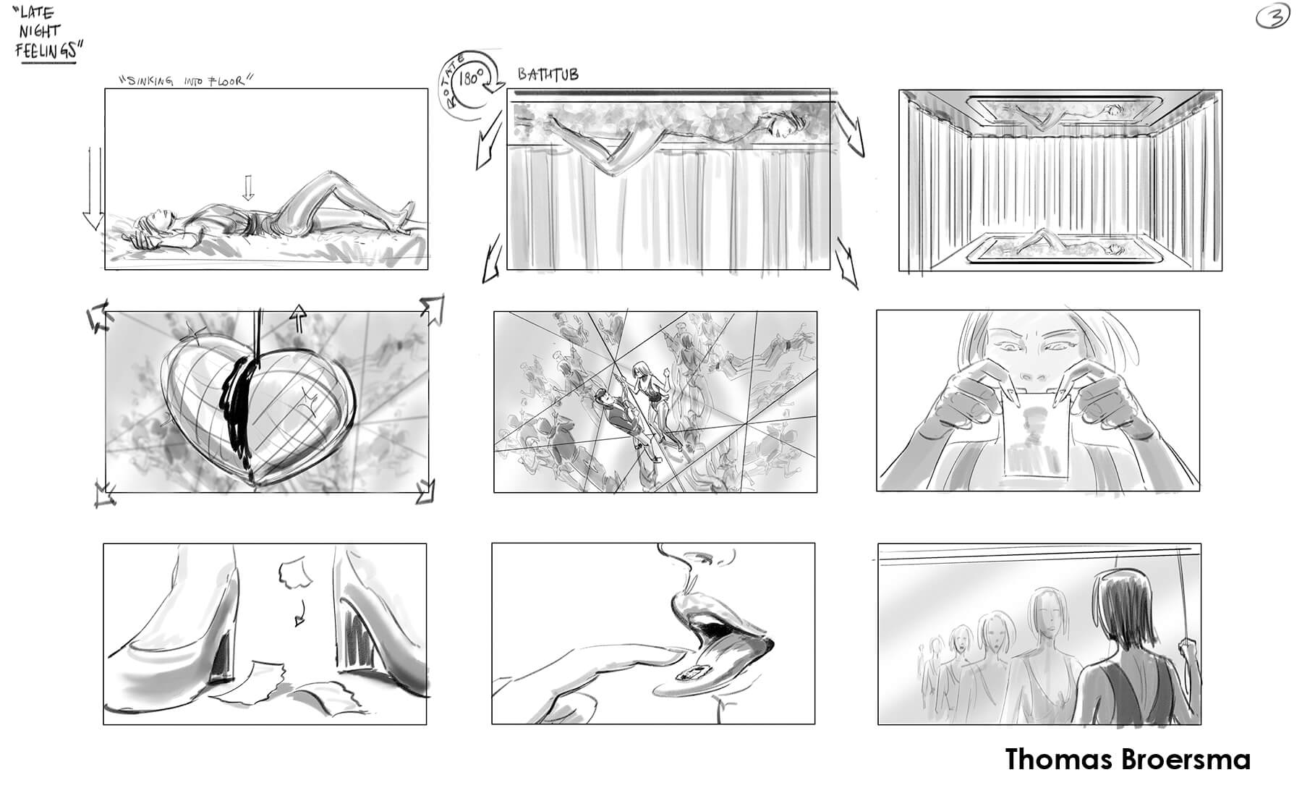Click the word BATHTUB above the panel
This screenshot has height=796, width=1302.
[x=548, y=75]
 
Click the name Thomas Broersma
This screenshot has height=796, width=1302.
[x=1128, y=760]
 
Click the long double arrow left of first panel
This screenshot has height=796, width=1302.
[x=93, y=188]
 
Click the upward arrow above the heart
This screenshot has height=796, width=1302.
[x=298, y=318]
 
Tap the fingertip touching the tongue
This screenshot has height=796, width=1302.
[x=669, y=653]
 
